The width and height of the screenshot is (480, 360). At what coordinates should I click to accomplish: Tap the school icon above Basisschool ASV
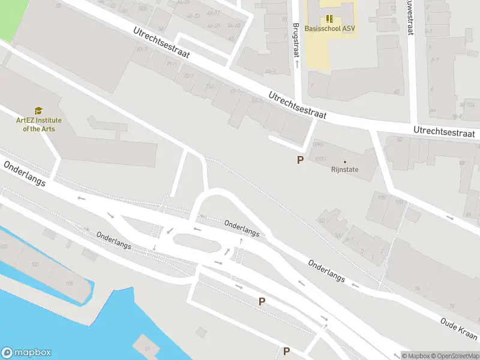tap(329, 19)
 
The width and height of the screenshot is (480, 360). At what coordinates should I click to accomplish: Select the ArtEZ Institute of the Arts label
tap(38, 124)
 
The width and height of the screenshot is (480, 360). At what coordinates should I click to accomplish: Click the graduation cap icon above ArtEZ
tap(38, 111)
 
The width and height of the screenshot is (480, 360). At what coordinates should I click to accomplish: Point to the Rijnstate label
tap(344, 170)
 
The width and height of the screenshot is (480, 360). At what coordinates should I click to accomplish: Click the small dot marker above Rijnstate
tap(344, 161)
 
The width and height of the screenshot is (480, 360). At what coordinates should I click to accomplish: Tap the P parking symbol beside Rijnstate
tap(299, 160)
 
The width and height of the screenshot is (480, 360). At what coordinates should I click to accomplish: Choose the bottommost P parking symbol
tap(286, 352)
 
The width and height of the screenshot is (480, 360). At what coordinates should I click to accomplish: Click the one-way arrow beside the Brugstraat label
tap(296, 64)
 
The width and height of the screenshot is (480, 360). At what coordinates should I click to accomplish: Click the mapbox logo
tap(26, 353)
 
